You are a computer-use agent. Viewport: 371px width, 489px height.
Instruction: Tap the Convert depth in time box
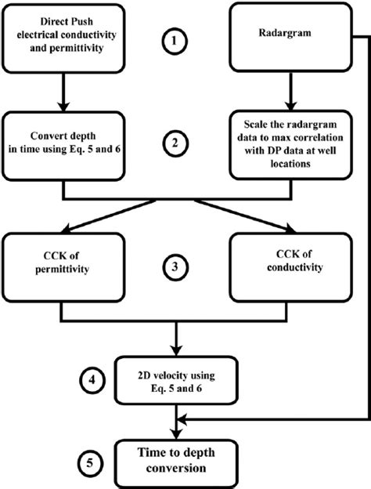[x=62, y=150]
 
